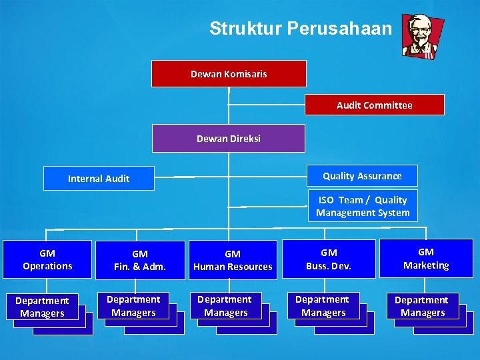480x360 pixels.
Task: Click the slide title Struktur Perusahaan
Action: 301,28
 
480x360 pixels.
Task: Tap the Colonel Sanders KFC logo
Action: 422,37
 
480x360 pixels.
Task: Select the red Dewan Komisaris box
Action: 229,74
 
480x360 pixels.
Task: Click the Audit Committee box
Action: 374,105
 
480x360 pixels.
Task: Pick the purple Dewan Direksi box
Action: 229,139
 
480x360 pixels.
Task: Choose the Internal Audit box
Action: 99,179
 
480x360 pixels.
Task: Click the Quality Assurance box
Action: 362,176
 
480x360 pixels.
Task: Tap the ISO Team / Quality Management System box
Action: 363,206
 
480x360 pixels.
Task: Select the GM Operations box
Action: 47,259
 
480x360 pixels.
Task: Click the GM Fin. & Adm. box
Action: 140,260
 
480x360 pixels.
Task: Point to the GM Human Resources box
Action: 233,260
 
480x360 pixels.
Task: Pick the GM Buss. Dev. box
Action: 329,259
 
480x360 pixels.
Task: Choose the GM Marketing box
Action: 426,259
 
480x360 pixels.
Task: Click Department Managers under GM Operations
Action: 42,307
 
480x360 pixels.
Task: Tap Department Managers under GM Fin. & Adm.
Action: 133,306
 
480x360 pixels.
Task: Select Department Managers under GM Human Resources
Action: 226,306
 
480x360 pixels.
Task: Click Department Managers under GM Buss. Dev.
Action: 323,306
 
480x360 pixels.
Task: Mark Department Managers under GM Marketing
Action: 422,307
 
